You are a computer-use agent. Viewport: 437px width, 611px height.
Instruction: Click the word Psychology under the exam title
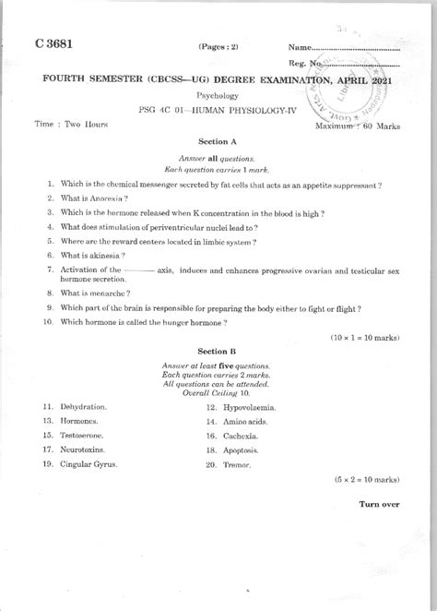point(218,94)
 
